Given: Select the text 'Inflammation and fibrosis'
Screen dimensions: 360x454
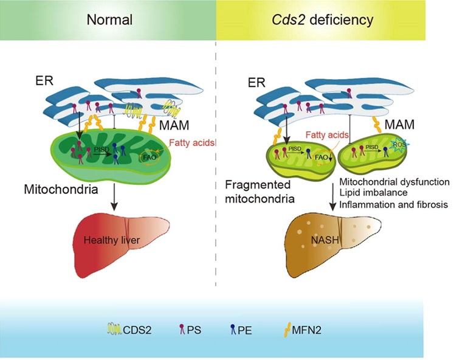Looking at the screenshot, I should [394, 205].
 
